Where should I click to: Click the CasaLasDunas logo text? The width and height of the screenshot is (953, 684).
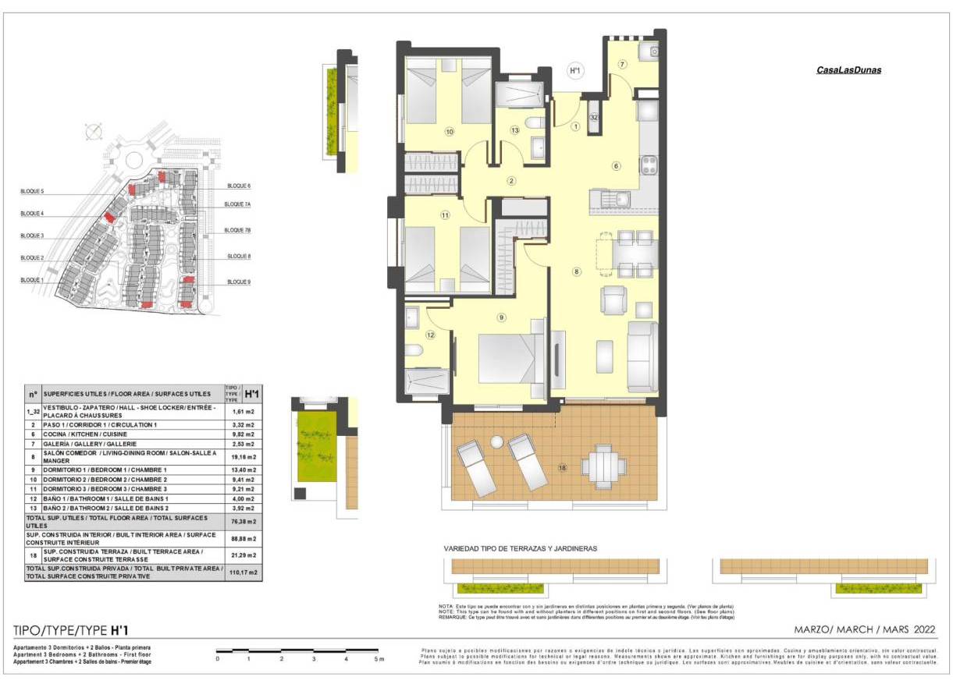point(848,70)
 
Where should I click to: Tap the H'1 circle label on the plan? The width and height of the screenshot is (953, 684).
point(576,71)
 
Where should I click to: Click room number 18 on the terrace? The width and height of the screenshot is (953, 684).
point(561,467)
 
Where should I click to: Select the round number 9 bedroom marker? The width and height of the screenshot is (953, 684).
point(501,317)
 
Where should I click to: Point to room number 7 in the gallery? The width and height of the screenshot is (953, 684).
point(622,64)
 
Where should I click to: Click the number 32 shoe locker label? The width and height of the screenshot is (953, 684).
point(594,117)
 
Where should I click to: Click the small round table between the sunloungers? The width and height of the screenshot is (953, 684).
point(496,442)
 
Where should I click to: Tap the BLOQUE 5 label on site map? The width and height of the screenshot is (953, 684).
point(32,191)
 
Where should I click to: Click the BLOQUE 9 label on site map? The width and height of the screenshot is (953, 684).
point(238,282)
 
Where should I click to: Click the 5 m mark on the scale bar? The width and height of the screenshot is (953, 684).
point(379,660)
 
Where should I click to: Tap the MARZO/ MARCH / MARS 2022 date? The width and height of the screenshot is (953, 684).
point(865,629)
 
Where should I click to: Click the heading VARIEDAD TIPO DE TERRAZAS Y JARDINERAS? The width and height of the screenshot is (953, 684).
point(520,548)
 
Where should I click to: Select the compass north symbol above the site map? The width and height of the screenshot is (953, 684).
point(93,130)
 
